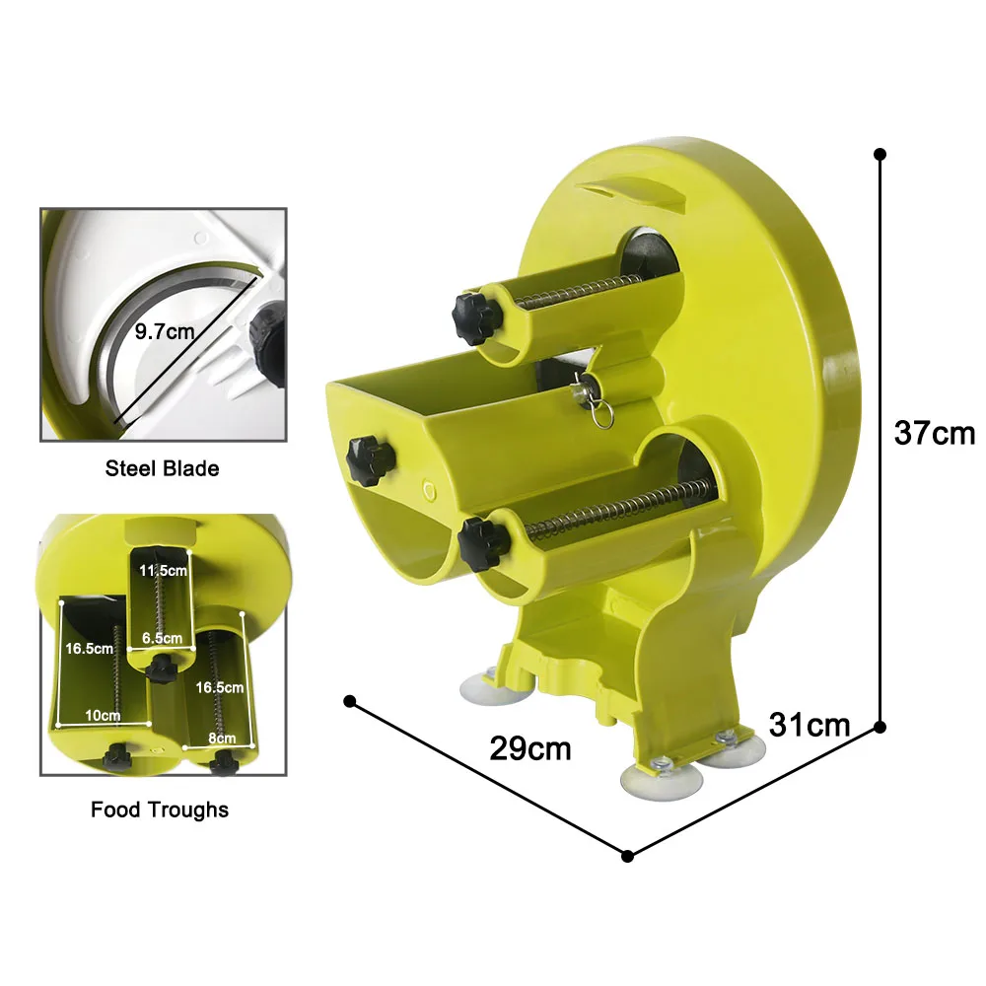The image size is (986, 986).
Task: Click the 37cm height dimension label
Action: [934, 433]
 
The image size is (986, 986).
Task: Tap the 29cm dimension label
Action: [530, 749]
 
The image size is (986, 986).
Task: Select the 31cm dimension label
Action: [810, 725]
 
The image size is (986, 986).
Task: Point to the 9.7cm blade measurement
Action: [165, 331]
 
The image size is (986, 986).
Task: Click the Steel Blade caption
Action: [163, 468]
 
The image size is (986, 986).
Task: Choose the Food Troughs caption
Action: [160, 810]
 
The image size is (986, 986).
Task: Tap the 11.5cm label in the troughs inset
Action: [163, 570]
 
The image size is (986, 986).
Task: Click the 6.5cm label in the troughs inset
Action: [163, 638]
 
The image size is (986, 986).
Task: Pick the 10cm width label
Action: [103, 715]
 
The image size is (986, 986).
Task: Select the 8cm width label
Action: [222, 738]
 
